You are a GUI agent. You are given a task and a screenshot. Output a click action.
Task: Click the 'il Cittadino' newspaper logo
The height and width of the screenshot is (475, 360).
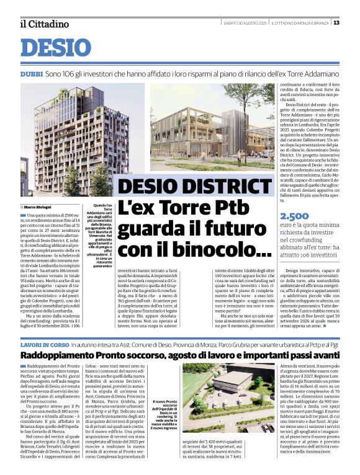click(43, 24)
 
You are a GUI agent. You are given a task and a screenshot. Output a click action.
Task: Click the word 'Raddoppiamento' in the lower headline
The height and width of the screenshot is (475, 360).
click(57, 356)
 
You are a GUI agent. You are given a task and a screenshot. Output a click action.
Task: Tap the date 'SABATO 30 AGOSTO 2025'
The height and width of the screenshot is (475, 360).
click(245, 23)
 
